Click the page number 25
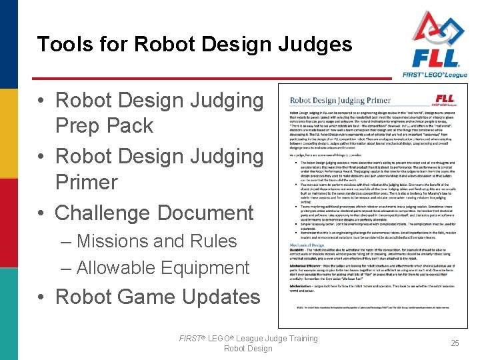tap(455, 343)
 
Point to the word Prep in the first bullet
tap(80, 126)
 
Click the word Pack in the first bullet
tap(132, 126)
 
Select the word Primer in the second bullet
tap(86, 182)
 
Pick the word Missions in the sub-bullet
tap(116, 241)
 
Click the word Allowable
tap(117, 268)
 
